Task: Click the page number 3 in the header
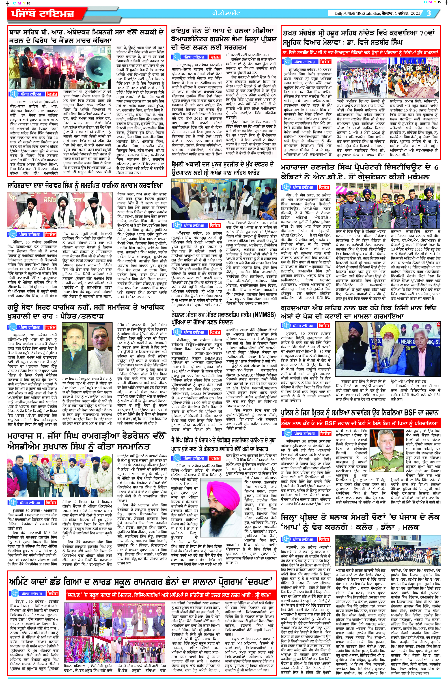coord(429,13)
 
